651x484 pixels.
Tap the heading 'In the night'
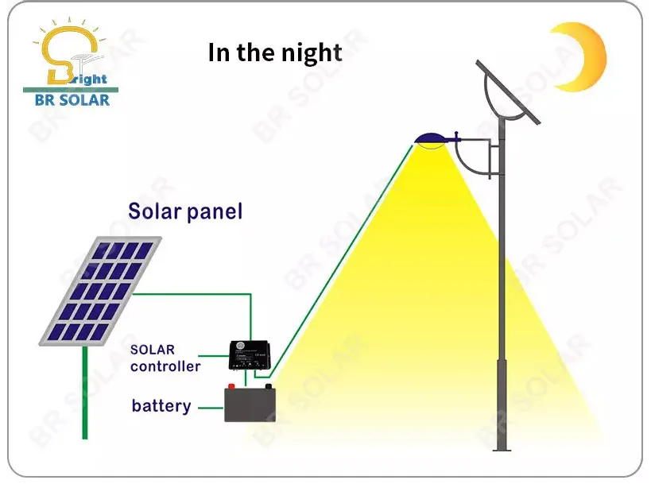[x=275, y=52]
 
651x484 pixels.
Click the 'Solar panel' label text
[x=185, y=211]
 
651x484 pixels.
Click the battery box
[x=250, y=404]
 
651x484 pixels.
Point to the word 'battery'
[x=161, y=406]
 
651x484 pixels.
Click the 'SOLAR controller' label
[x=165, y=358]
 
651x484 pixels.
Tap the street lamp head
[x=433, y=140]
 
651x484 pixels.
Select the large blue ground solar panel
[x=101, y=291]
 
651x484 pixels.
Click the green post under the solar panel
[x=84, y=393]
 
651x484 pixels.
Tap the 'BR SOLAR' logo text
[x=72, y=100]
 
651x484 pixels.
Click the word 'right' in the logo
[x=89, y=79]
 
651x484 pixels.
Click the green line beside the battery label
[x=210, y=407]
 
